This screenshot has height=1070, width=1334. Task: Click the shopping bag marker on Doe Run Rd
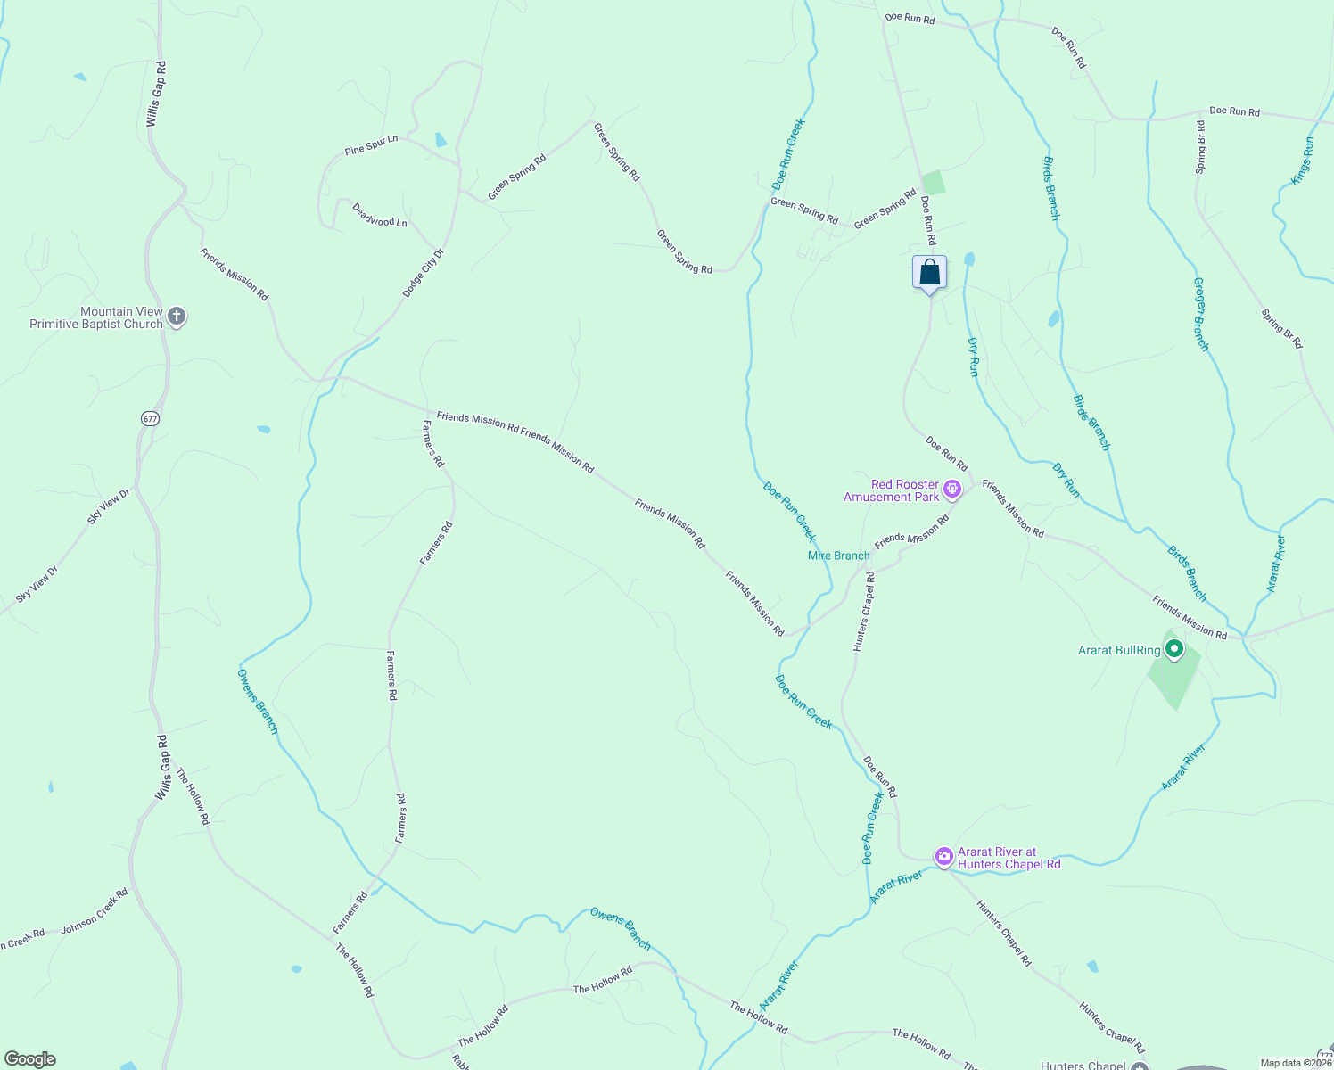929,272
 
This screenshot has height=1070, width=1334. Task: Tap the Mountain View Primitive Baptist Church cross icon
177,317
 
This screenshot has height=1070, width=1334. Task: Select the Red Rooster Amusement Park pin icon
952,490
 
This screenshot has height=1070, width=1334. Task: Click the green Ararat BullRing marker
1174,650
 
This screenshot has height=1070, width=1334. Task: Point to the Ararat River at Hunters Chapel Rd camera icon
943,857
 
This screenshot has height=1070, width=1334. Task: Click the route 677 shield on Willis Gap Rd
150,418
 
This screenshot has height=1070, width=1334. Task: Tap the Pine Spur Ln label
371,145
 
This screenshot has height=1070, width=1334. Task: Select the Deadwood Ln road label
380,215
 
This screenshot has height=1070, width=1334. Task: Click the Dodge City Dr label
423,273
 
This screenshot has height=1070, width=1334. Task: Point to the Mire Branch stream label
838,556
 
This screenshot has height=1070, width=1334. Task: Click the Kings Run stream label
1303,161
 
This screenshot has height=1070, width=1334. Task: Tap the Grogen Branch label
1201,314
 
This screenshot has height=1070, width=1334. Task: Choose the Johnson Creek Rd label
95,911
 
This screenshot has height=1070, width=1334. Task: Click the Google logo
30,1059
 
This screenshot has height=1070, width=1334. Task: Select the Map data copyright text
1295,1063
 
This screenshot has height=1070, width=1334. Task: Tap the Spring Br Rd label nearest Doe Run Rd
1201,146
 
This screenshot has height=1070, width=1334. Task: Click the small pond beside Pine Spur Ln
441,140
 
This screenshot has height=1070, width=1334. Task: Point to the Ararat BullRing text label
1119,650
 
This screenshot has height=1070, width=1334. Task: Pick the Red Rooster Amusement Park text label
892,490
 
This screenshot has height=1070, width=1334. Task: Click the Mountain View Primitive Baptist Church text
96,317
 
